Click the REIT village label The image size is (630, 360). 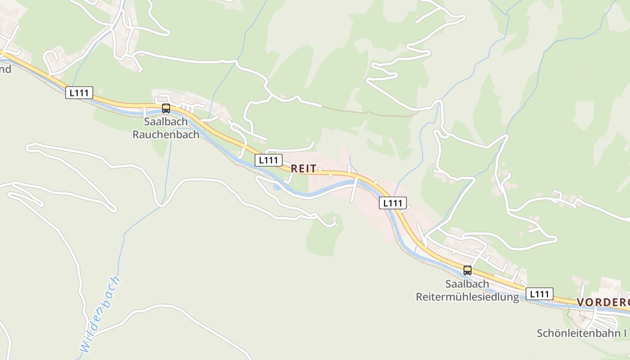coord(304,169)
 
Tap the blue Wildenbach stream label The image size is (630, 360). coord(100,315)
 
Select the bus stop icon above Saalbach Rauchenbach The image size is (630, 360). coord(166,108)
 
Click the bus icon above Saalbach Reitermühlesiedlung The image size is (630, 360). coord(468,270)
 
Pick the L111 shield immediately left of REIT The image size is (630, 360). coord(269,160)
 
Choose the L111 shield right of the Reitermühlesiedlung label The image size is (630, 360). coord(539,294)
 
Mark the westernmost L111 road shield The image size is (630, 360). coord(79,93)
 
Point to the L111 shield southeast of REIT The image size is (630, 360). coord(393,203)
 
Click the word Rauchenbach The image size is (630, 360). coord(166,135)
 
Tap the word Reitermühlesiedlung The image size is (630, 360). coord(467,297)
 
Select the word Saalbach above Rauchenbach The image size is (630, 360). coord(166,122)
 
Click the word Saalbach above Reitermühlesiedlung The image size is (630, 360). coord(467,284)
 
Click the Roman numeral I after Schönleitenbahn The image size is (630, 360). coord(625,333)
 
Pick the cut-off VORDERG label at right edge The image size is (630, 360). coord(603,302)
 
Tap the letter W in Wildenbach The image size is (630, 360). coord(84,346)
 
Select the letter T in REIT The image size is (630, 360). coord(313,169)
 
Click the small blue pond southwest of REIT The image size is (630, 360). coord(276,187)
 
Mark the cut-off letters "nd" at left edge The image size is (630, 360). coord(5,69)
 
